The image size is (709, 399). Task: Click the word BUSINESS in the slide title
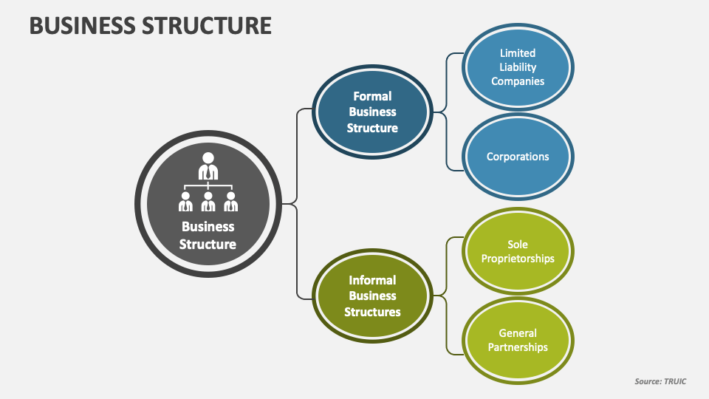(x=82, y=25)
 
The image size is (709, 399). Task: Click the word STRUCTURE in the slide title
(x=207, y=25)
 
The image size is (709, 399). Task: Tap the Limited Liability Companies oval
(x=518, y=67)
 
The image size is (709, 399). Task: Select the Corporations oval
(x=518, y=157)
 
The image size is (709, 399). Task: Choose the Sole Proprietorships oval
(x=518, y=251)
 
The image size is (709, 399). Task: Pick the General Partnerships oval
(x=518, y=340)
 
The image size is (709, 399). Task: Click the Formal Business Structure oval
(x=372, y=112)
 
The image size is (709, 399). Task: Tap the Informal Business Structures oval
(x=372, y=296)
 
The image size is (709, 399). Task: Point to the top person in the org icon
(x=208, y=166)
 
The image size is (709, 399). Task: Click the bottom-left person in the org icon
(x=185, y=202)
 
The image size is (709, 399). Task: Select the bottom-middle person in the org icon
(x=208, y=202)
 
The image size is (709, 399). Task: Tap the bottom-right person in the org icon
(x=230, y=202)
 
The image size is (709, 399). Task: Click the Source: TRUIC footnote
(x=660, y=381)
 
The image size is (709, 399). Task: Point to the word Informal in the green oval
(x=372, y=281)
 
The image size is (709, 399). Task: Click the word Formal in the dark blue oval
(x=372, y=96)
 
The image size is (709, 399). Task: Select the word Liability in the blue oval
(x=518, y=67)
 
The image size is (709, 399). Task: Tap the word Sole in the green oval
(x=518, y=245)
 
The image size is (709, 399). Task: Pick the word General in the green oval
(x=518, y=333)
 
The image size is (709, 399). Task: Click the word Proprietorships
(x=518, y=259)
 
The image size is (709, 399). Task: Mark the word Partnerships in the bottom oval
(x=518, y=347)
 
